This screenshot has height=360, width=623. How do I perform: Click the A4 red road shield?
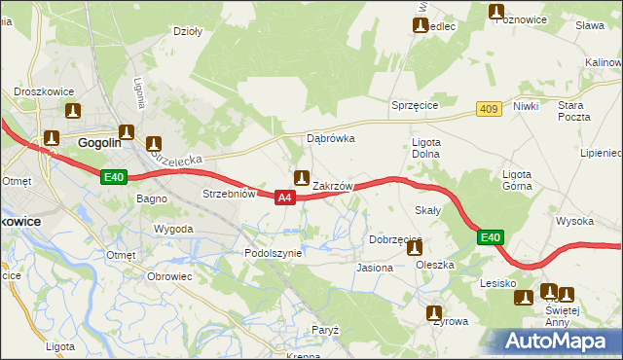(283, 198)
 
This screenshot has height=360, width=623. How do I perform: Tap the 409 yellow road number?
(489, 109)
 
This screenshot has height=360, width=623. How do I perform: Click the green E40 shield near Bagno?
(114, 177)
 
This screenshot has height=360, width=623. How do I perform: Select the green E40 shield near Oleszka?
(492, 237)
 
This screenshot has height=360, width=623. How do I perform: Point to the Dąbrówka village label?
(331, 138)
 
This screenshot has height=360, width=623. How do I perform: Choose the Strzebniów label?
(229, 194)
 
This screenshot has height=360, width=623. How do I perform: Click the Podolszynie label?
(274, 252)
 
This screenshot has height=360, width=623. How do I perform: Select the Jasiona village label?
(375, 267)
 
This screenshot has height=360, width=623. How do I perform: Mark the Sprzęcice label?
(416, 105)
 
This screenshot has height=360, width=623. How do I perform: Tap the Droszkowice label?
(39, 91)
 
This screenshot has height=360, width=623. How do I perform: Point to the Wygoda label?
(173, 230)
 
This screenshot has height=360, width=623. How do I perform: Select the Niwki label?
(526, 106)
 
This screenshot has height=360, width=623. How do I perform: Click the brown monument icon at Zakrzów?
(302, 178)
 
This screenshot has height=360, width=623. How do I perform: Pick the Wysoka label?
(575, 221)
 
